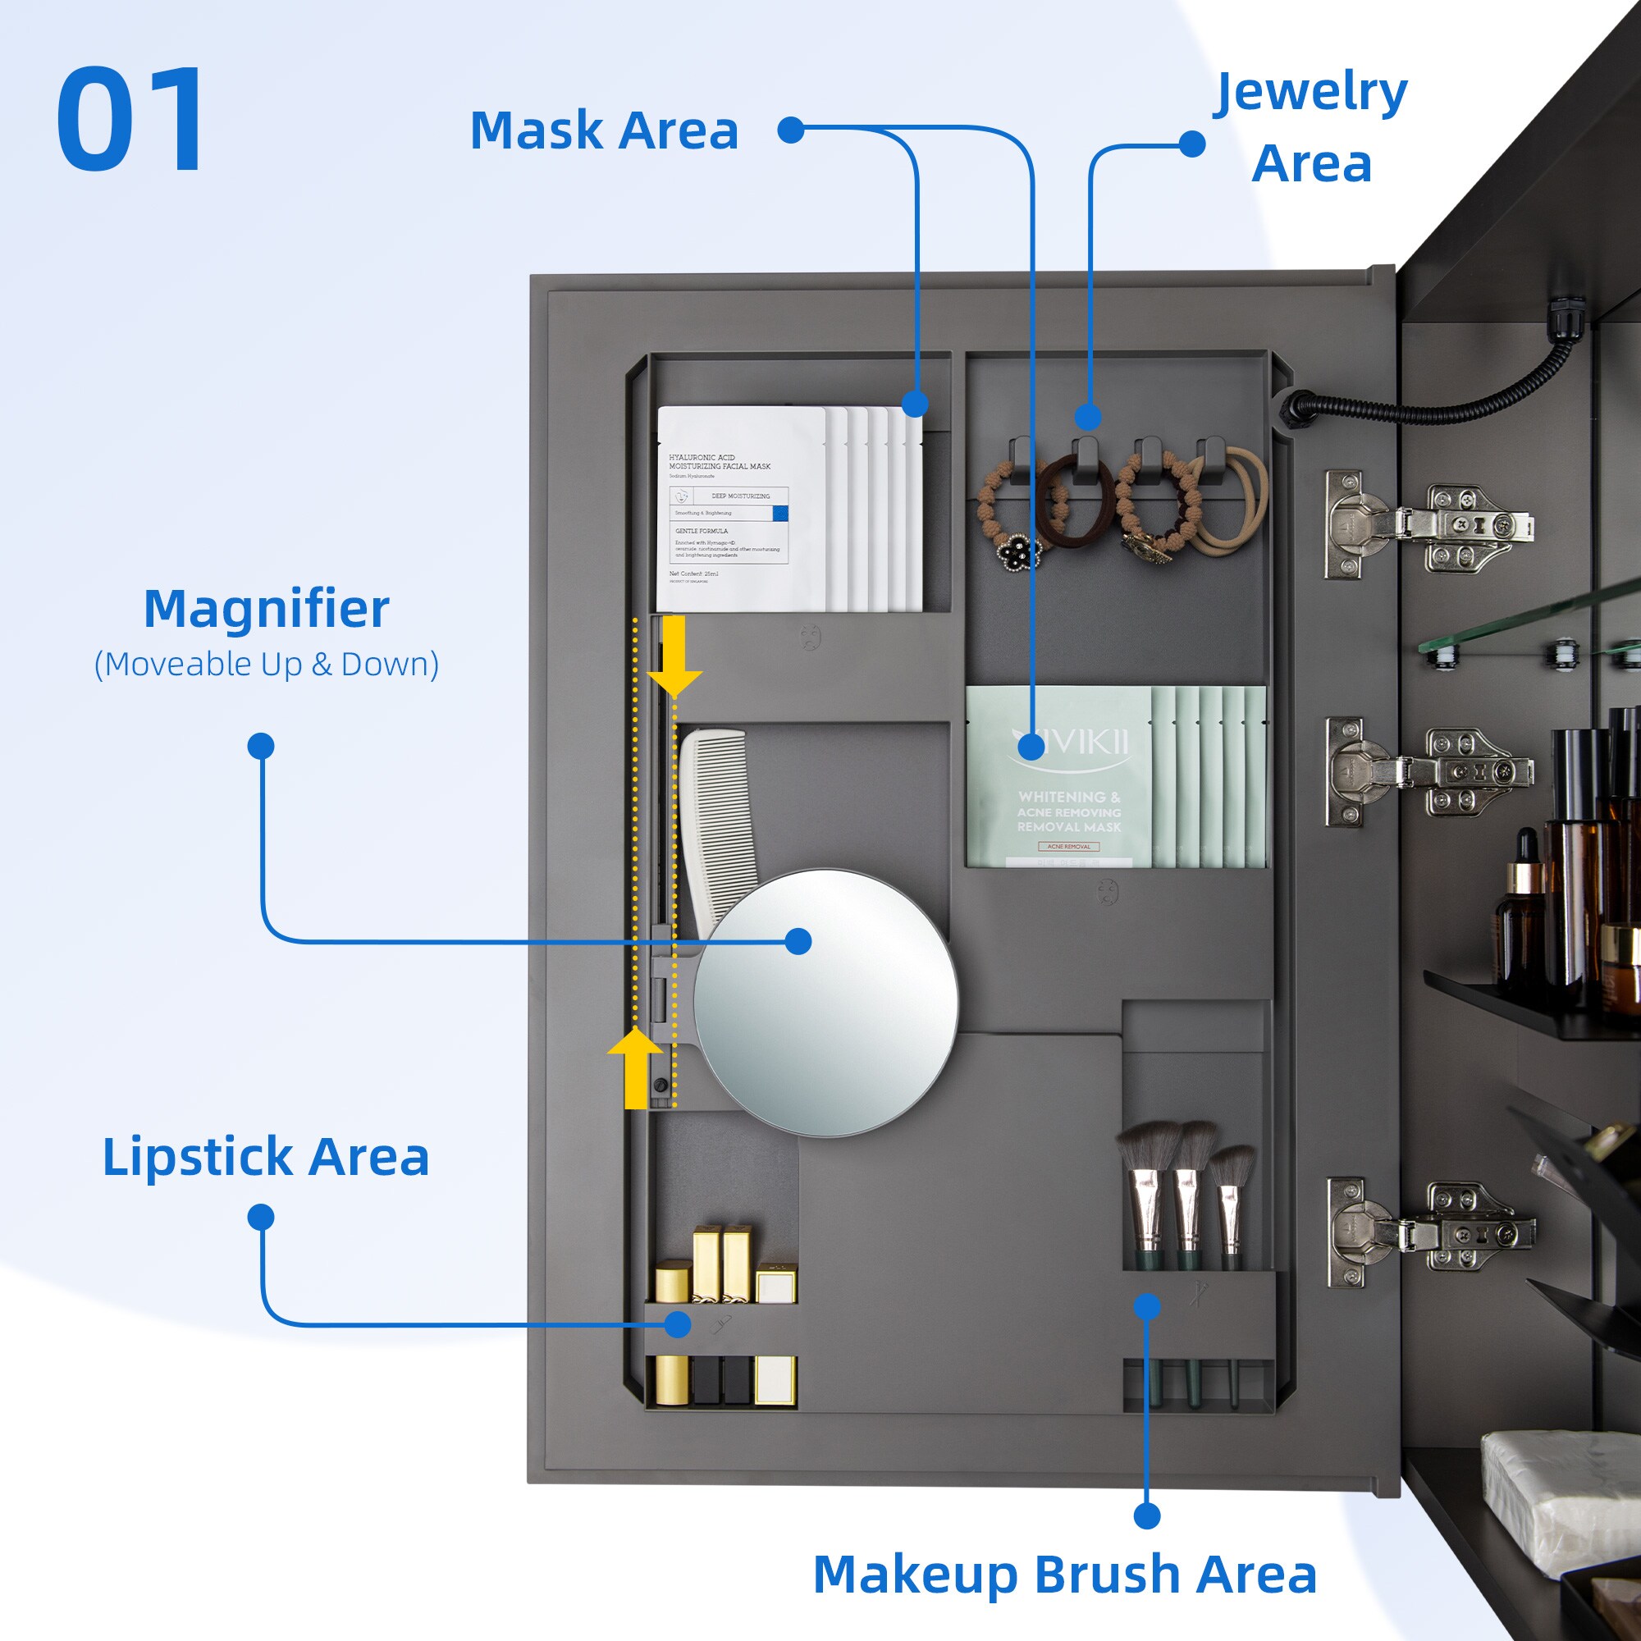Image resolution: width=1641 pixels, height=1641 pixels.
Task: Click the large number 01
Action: pos(131,120)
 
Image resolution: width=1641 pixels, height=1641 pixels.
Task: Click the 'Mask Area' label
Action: pos(604,130)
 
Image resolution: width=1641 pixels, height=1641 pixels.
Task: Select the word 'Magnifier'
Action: pos(266,609)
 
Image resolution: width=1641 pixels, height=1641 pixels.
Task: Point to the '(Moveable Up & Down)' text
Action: pos(266,665)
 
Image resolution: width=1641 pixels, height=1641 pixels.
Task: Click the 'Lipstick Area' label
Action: pos(266,1157)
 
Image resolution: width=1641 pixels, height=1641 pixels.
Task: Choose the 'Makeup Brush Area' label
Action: pos(1065,1575)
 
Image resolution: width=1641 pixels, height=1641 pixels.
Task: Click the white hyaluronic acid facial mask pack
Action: pos(741,510)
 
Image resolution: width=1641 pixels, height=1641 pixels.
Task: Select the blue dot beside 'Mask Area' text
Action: pos(791,130)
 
